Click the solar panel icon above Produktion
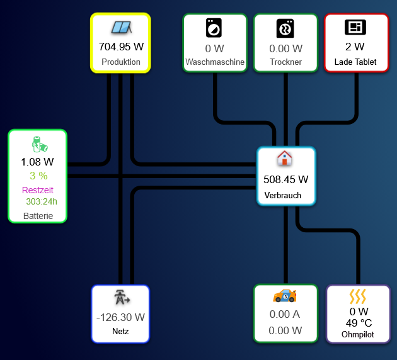120,28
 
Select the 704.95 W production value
121,46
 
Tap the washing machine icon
214,28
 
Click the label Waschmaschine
215,62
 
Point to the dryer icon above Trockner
285,28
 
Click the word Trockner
285,62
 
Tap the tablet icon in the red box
355,27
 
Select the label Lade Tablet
355,62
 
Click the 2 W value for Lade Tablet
355,46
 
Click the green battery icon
40,144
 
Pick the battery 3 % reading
38,176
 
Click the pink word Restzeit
38,190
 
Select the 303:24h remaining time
42,202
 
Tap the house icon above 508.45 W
285,158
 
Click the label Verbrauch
283,195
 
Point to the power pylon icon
120,298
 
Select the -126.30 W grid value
120,317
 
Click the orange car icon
285,295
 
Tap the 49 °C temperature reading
359,323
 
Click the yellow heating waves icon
358,296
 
